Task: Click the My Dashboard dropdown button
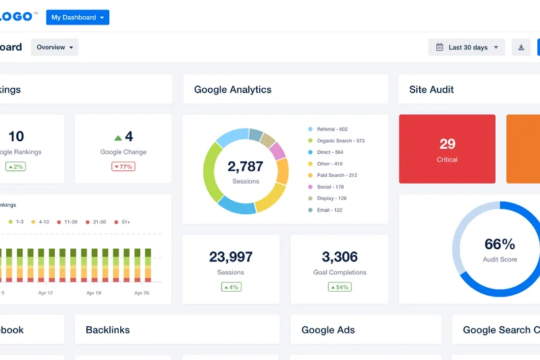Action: [x=78, y=18]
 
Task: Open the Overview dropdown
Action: [x=55, y=47]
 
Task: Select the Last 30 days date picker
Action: [x=466, y=47]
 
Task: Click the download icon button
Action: [x=520, y=47]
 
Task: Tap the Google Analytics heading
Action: [x=233, y=89]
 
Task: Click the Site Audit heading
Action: [x=431, y=89]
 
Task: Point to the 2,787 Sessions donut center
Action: [x=246, y=171]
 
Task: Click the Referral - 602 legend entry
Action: [x=331, y=129]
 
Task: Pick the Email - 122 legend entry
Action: [x=329, y=210]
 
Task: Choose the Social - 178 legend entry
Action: [x=330, y=187]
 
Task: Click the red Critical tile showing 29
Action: [x=447, y=149]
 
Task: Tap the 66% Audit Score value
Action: [x=500, y=245]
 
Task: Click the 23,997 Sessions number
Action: [x=231, y=257]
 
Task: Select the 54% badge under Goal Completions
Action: [x=340, y=287]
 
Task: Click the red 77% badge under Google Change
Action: [x=124, y=166]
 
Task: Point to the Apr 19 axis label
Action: [x=94, y=293]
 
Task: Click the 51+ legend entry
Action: [x=124, y=222]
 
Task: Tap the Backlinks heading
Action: [x=108, y=330]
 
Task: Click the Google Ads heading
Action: [x=328, y=330]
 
